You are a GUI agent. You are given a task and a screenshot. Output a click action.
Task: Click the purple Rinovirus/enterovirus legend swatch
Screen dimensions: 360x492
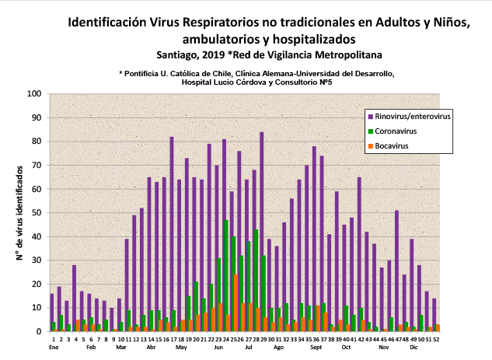pyautogui.click(x=371, y=116)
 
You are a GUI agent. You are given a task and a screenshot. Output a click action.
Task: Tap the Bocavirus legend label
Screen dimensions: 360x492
pyautogui.click(x=393, y=145)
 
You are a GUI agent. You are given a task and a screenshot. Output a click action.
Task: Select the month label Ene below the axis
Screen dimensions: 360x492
pyautogui.click(x=54, y=348)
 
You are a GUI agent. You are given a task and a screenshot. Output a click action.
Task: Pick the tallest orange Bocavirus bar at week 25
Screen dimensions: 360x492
pyautogui.click(x=236, y=303)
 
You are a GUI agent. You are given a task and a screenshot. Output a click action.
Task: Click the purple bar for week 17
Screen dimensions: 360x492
pyautogui.click(x=172, y=233)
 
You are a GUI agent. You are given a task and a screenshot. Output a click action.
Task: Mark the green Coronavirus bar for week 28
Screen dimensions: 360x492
pyautogui.click(x=256, y=280)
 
